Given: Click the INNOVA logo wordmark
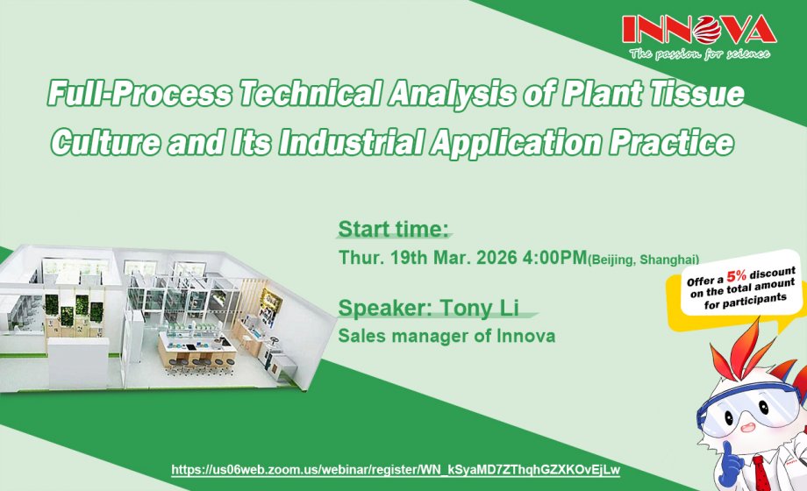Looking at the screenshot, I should (698, 30).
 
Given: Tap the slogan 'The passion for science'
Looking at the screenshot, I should (699, 54).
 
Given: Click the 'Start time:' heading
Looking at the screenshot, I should (393, 231).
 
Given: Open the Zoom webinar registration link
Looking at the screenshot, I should (395, 470).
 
